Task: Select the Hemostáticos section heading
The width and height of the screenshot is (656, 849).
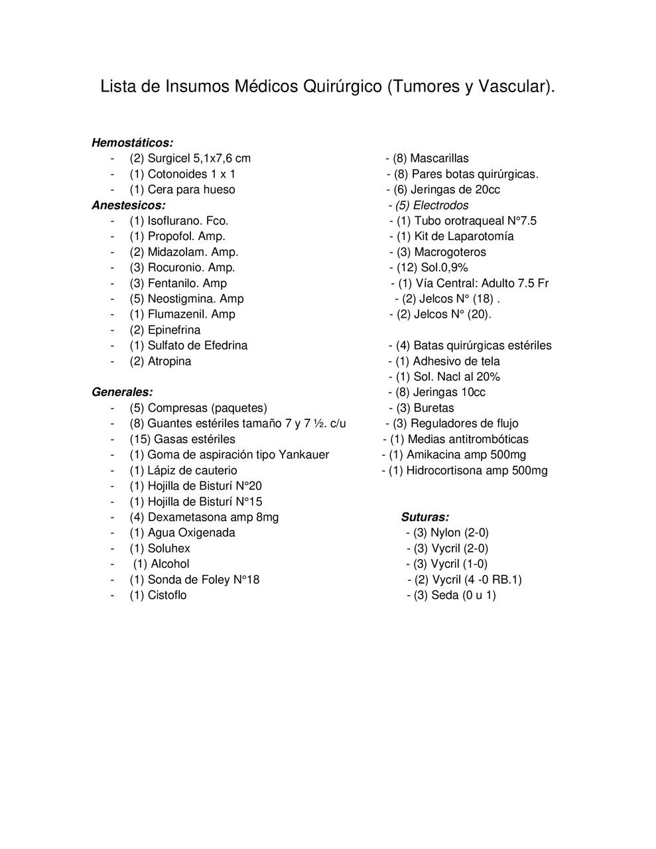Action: pyautogui.click(x=132, y=143)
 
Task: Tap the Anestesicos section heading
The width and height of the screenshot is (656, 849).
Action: pyautogui.click(x=129, y=205)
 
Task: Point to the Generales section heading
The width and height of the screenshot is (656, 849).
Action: pyautogui.click(x=122, y=392)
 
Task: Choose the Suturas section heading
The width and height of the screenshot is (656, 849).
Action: pyautogui.click(x=425, y=517)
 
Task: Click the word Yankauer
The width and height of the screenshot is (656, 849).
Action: pyautogui.click(x=304, y=455)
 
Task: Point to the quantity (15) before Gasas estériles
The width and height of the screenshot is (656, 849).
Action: pyautogui.click(x=140, y=439)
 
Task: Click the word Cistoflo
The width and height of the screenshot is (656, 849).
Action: pyautogui.click(x=167, y=595)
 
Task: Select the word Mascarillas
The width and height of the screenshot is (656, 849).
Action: pyautogui.click(x=439, y=159)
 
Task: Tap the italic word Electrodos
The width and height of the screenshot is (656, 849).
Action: pyautogui.click(x=440, y=206)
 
